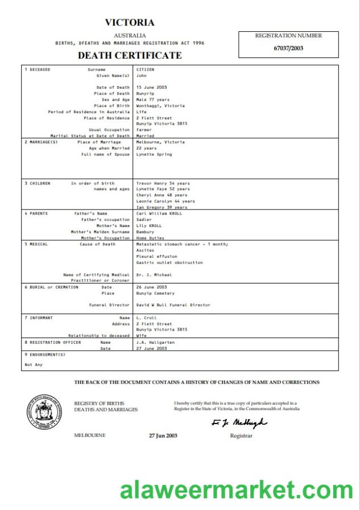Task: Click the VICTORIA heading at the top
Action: click(x=130, y=23)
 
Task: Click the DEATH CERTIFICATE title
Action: click(x=130, y=55)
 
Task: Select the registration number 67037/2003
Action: click(x=288, y=48)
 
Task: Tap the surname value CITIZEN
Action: click(x=145, y=69)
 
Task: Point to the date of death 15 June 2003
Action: click(x=151, y=88)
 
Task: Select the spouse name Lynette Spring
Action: click(x=154, y=154)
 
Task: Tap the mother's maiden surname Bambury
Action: click(x=146, y=232)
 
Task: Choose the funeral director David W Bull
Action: click(x=173, y=305)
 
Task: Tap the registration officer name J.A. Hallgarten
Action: click(x=155, y=343)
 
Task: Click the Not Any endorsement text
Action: click(x=34, y=364)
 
